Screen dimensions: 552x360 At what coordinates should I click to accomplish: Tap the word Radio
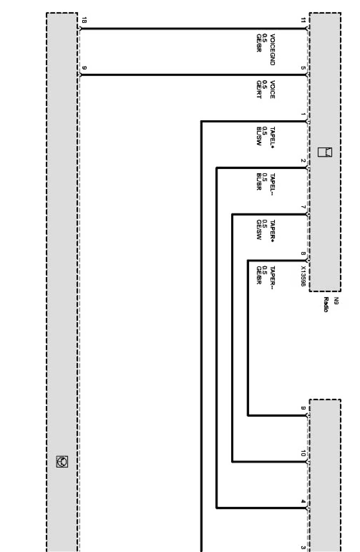coord(326,304)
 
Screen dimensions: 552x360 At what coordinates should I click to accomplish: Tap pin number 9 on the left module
coord(84,68)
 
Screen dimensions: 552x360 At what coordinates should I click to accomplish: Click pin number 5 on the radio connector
coord(303,68)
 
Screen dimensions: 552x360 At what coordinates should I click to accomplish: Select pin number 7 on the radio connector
coord(303,207)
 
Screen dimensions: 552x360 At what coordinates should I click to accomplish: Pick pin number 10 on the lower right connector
coord(303,453)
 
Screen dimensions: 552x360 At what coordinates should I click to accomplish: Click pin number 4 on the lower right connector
coord(303,501)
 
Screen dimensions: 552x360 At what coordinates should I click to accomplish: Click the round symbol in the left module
coord(62,461)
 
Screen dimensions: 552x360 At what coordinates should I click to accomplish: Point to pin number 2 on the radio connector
coord(303,160)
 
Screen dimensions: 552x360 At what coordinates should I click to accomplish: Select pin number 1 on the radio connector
coord(303,114)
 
